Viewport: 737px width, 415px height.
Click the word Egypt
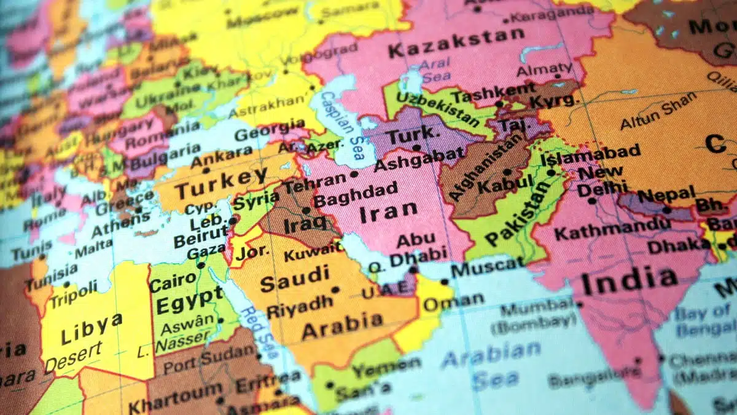point(189,301)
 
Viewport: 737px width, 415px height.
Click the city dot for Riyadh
point(335,290)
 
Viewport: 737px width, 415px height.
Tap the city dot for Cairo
point(201,266)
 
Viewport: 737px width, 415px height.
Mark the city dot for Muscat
point(444,282)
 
